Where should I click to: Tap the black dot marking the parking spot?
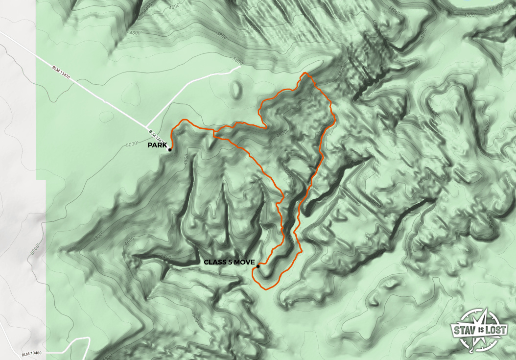pos(169,149)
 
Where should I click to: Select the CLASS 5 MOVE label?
pos(229,263)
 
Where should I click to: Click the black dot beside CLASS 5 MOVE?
pos(258,266)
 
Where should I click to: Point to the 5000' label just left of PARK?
pos(132,144)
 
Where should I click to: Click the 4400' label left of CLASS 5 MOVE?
pos(165,257)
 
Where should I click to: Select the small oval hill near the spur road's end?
pos(237,89)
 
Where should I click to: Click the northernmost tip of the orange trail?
pos(305,73)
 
